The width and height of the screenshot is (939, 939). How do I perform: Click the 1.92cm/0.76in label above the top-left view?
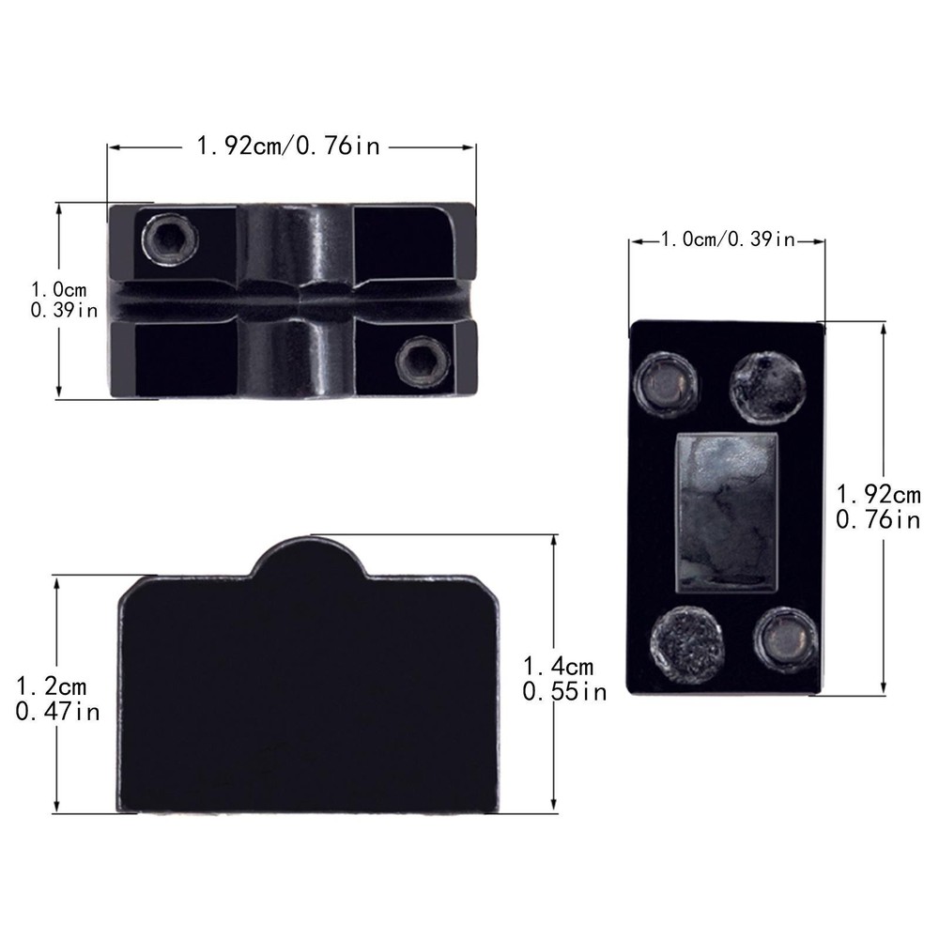(x=288, y=146)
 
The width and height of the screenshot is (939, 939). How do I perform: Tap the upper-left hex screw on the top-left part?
(x=170, y=239)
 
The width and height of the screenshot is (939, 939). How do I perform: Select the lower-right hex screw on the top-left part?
(x=423, y=362)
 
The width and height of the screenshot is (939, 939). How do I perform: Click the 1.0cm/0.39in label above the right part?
(x=728, y=239)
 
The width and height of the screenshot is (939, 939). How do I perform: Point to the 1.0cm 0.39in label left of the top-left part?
(x=64, y=300)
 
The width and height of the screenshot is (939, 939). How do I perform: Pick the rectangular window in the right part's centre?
(x=727, y=514)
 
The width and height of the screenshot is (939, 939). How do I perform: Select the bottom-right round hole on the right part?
(x=785, y=640)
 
